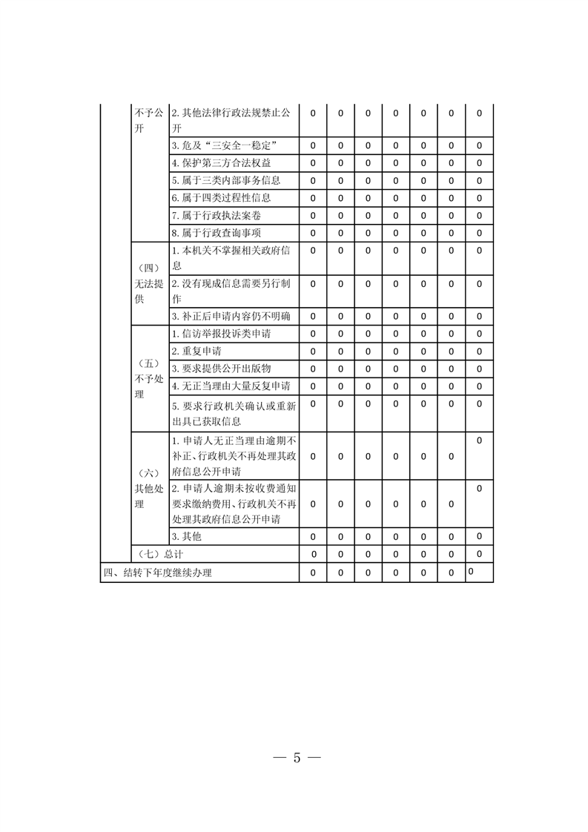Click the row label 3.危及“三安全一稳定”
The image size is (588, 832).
point(225,145)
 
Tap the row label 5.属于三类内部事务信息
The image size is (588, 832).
point(225,180)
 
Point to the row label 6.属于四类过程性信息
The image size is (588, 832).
point(221,198)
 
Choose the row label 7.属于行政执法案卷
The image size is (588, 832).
point(216,216)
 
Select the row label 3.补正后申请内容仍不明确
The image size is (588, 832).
point(231,317)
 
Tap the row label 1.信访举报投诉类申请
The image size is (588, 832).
point(221,334)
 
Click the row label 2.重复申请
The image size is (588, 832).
point(196,351)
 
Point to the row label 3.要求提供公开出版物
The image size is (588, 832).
point(221,369)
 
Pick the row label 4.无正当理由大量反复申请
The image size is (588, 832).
point(231,386)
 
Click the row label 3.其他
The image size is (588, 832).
point(186,536)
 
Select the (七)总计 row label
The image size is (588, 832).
point(161,554)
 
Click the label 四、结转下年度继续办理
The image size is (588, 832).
point(157,572)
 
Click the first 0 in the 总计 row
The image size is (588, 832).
point(313,554)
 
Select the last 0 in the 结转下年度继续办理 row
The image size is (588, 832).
point(471,571)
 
